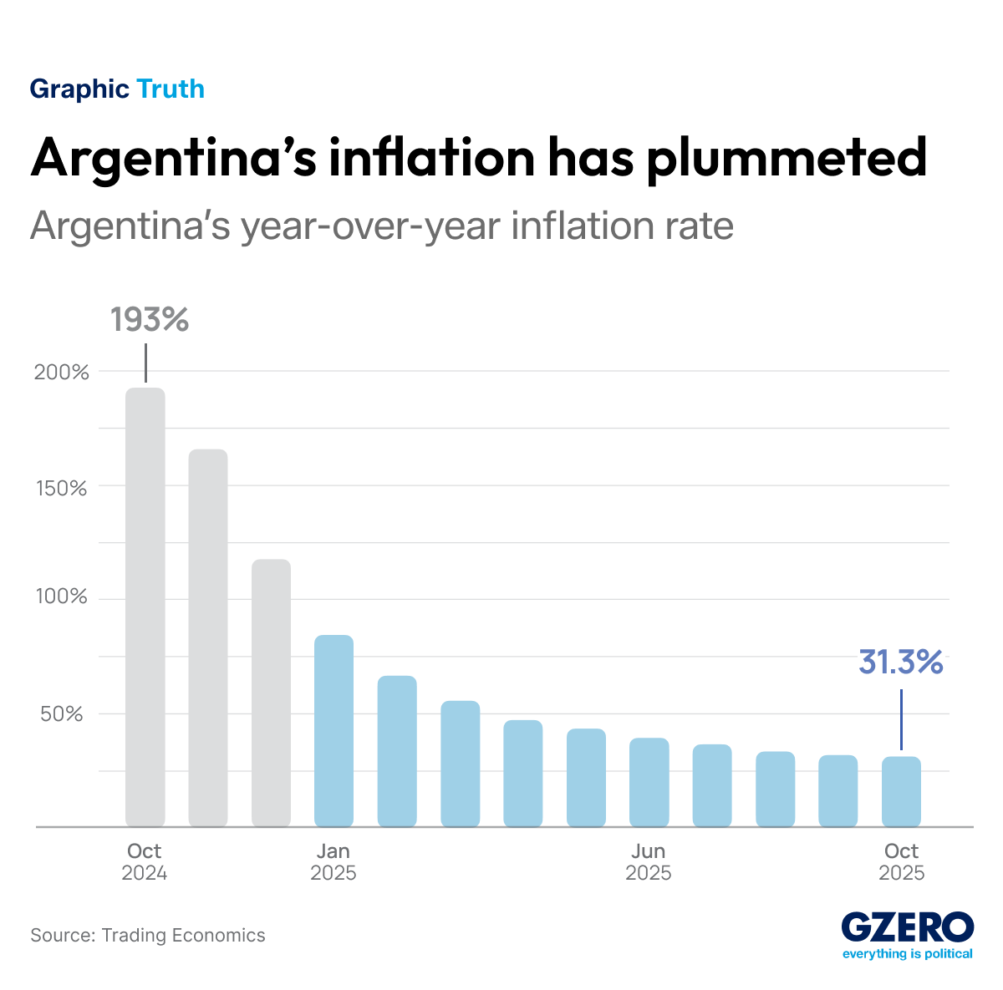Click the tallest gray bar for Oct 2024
point(145,607)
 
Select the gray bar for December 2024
point(272,693)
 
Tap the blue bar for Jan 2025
point(334,731)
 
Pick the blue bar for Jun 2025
point(649,782)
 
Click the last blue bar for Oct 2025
point(901,791)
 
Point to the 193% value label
point(150,320)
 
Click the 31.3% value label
point(901,663)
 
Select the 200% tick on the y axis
point(61,373)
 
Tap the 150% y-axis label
point(61,488)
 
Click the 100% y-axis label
point(61,597)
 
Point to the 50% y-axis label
point(64,714)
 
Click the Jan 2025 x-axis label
point(333,862)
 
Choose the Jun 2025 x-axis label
point(649,862)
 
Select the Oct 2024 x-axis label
point(144,862)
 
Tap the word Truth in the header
point(170,89)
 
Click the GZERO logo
point(907,934)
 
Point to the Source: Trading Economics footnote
point(148,935)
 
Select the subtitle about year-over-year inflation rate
point(382,226)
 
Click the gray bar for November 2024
point(208,638)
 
